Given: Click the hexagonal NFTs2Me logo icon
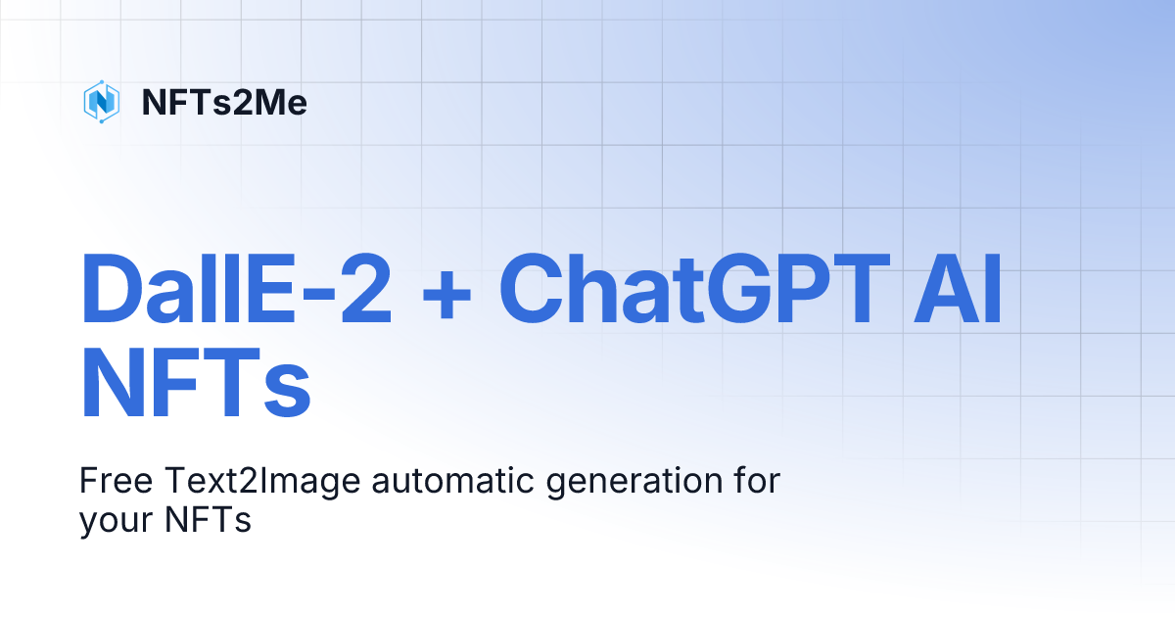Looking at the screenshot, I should pyautogui.click(x=102, y=102).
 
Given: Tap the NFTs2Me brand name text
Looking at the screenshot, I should pyautogui.click(x=224, y=102).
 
